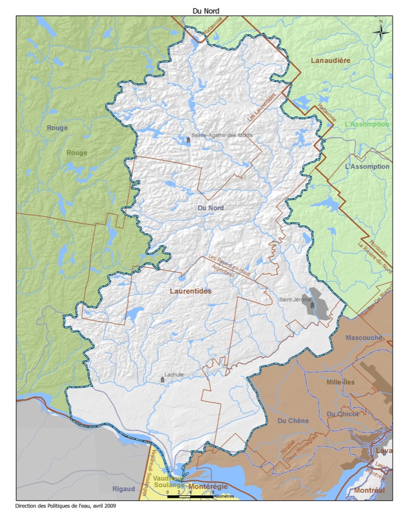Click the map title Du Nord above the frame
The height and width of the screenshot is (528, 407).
click(203, 11)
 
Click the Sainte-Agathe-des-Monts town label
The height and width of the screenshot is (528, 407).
click(222, 135)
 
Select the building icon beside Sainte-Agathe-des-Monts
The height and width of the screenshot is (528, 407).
click(188, 140)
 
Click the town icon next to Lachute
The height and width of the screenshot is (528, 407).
click(163, 380)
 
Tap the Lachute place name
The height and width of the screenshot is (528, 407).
click(174, 374)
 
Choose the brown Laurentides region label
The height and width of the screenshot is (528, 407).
click(190, 291)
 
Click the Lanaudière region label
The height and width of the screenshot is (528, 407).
click(331, 61)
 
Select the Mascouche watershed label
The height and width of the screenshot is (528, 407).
click(363, 337)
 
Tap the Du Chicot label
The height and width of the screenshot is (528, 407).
click(342, 414)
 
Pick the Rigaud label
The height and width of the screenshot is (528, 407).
click(124, 489)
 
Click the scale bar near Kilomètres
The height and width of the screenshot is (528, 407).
click(190, 497)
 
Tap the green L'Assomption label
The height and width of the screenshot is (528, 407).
click(366, 125)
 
